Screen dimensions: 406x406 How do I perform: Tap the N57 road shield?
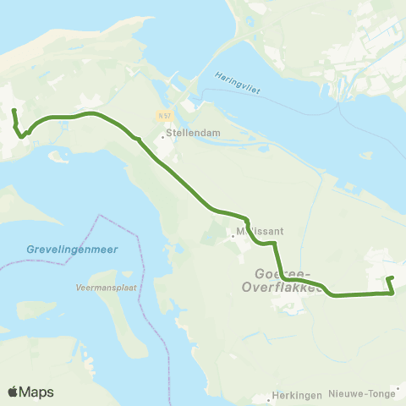coord(163,115)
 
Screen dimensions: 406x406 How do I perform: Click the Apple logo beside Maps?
coord(14,392)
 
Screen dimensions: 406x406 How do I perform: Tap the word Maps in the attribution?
coord(38,392)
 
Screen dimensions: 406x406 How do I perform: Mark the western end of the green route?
coord(14,111)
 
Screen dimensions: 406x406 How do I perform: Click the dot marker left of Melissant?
coord(233,236)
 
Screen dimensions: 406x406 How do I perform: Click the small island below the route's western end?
coord(59,156)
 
